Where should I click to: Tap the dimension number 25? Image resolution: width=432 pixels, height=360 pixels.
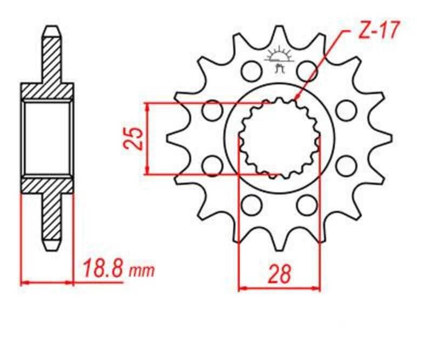(136, 138)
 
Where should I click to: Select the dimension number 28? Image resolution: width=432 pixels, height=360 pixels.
(279, 274)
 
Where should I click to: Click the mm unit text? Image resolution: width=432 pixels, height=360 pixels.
(141, 270)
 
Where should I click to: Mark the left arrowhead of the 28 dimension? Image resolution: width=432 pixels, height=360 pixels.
(242, 288)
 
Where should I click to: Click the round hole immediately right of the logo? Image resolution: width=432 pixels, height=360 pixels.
(307, 70)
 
